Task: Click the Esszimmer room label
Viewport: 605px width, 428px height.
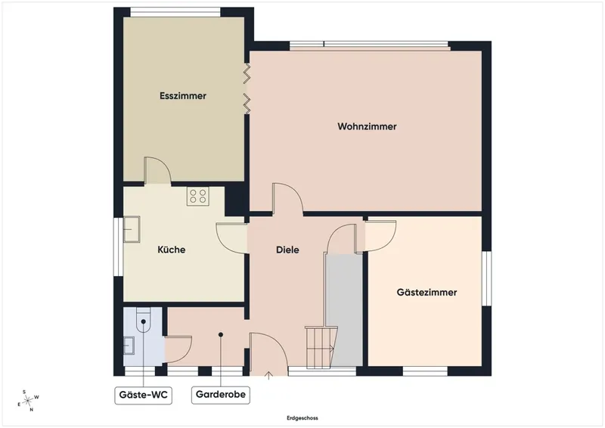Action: pyautogui.click(x=183, y=96)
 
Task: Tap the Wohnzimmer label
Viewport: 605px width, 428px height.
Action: pyautogui.click(x=367, y=126)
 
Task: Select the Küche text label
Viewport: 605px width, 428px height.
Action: pyautogui.click(x=172, y=250)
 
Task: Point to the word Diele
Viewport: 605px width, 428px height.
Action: pyautogui.click(x=287, y=250)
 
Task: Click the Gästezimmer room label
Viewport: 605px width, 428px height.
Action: pyautogui.click(x=427, y=292)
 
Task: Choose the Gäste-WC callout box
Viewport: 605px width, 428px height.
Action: pyautogui.click(x=144, y=395)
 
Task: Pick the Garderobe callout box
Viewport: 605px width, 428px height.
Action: pyautogui.click(x=221, y=395)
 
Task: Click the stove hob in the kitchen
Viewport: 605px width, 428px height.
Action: pyautogui.click(x=198, y=196)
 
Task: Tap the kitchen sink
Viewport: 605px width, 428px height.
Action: pyautogui.click(x=132, y=229)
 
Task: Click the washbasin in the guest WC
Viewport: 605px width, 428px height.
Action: pyautogui.click(x=129, y=346)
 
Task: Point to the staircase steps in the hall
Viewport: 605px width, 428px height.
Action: pyautogui.click(x=320, y=347)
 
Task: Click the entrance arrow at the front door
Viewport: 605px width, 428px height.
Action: pyautogui.click(x=268, y=376)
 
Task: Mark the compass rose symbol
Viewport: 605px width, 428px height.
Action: pyautogui.click(x=29, y=401)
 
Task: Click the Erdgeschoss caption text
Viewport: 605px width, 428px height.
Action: pyautogui.click(x=302, y=418)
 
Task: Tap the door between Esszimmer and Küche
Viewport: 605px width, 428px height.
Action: pyautogui.click(x=157, y=170)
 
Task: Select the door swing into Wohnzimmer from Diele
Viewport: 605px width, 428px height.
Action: pyautogui.click(x=287, y=198)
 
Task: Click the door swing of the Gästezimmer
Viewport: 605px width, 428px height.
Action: pyautogui.click(x=381, y=235)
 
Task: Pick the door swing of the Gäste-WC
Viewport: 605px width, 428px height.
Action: pyautogui.click(x=178, y=349)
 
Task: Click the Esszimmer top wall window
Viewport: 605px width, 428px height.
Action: pyautogui.click(x=175, y=12)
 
